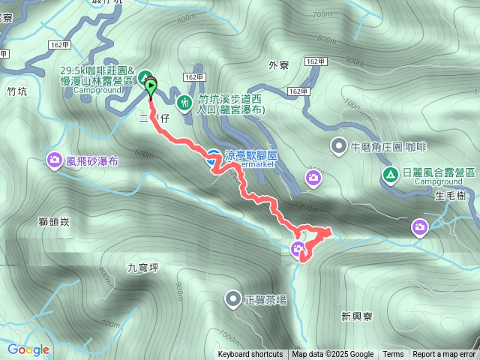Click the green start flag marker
[151, 88]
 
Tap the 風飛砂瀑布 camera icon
[55, 160]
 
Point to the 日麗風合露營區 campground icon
[390, 175]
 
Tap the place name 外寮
[278, 64]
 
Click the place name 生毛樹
[450, 196]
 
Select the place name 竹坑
[16, 92]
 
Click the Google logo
[28, 349]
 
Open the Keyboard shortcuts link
[250, 355]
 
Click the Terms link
[393, 355]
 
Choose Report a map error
[444, 355]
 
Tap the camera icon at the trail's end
[298, 249]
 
